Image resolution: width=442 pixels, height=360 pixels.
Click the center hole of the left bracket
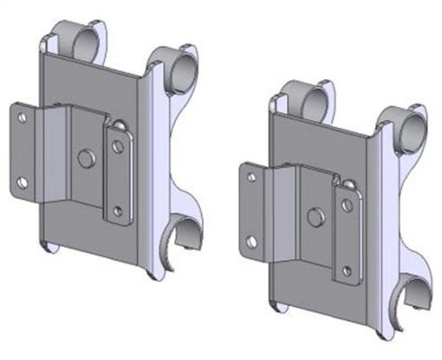(x=85, y=158)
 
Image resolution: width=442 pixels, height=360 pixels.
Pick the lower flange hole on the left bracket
(x=23, y=182)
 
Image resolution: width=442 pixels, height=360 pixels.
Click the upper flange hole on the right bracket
(x=251, y=176)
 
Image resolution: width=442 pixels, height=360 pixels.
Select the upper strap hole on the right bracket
(x=347, y=206)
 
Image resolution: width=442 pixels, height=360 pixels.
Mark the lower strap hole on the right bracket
(x=348, y=270)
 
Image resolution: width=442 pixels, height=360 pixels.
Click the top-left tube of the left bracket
(x=76, y=38)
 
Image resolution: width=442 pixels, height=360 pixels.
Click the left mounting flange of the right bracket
(x=253, y=208)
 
